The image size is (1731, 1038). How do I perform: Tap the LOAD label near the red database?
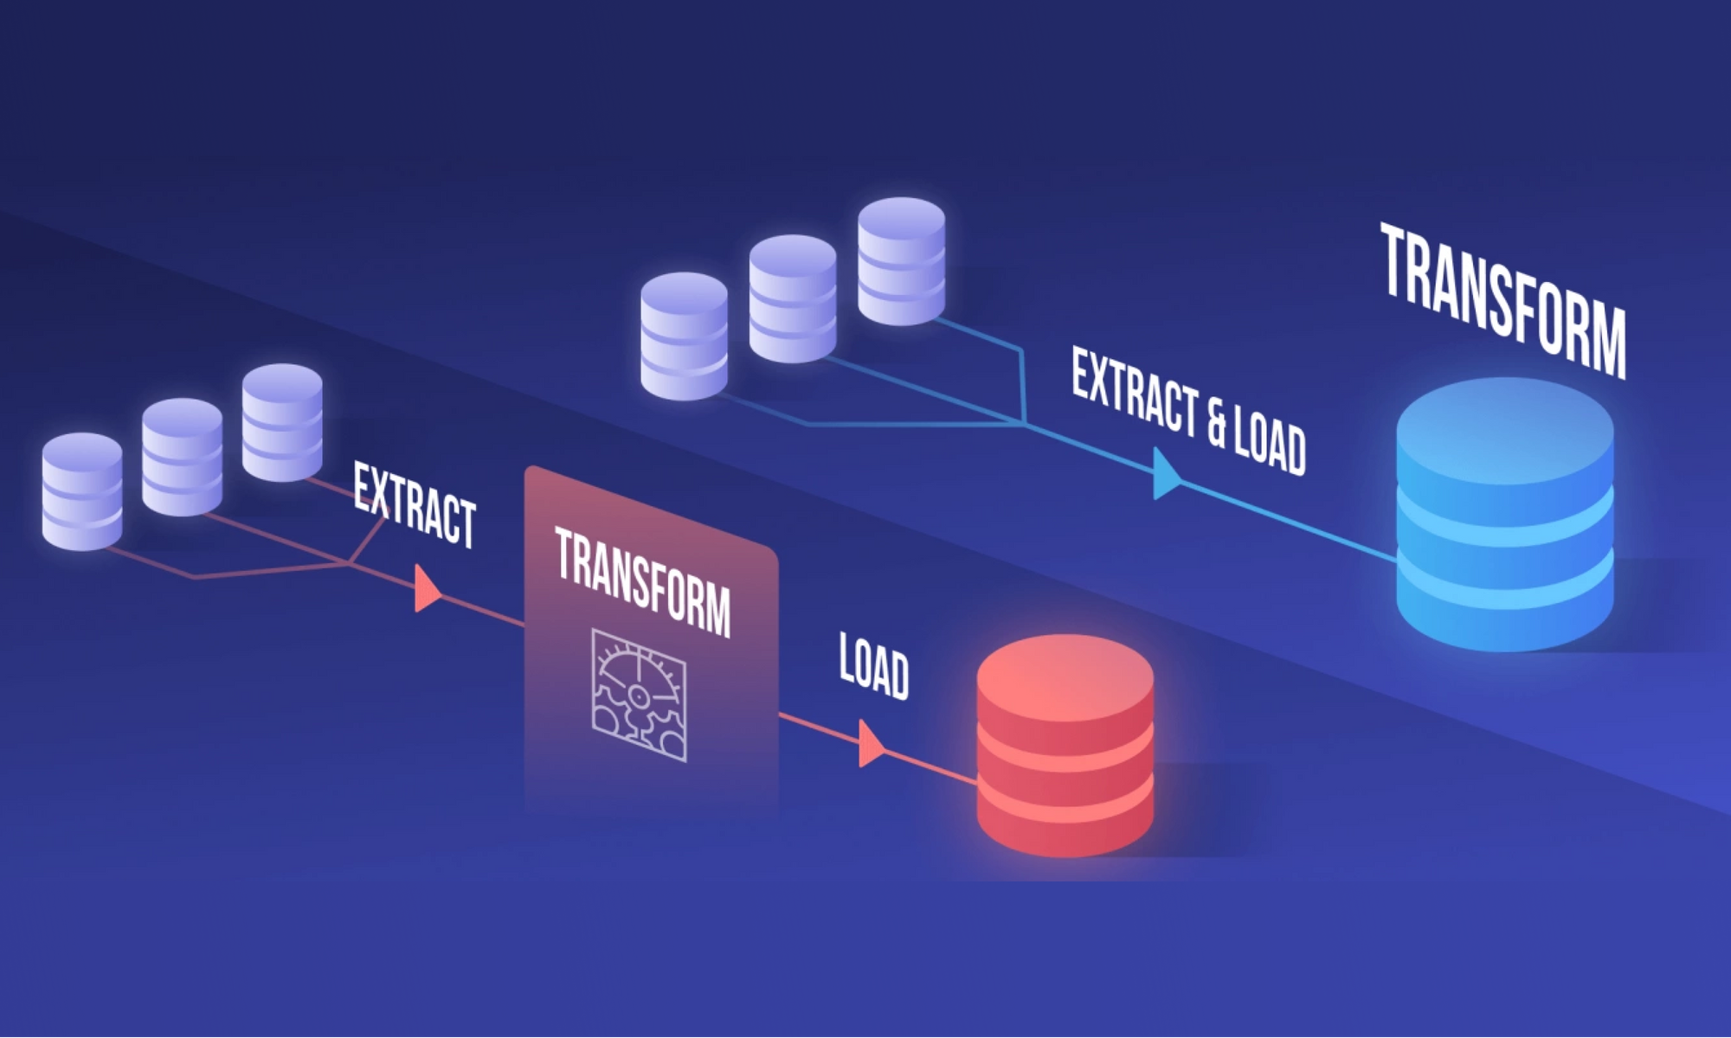(874, 666)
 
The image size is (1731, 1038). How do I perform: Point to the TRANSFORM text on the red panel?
(642, 581)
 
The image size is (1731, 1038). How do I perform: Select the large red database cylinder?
(1065, 753)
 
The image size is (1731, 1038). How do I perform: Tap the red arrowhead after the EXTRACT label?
(426, 589)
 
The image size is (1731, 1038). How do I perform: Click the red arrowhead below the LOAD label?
(870, 744)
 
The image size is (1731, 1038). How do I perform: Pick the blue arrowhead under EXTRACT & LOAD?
(1165, 475)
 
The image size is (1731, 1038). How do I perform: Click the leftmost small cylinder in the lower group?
(82, 491)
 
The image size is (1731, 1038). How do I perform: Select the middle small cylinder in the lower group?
(182, 457)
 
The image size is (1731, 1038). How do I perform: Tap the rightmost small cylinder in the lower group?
(282, 422)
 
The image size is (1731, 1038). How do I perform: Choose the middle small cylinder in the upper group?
(793, 298)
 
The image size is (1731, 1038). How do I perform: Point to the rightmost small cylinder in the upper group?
(901, 261)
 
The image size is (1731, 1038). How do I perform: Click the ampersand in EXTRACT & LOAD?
(1217, 420)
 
